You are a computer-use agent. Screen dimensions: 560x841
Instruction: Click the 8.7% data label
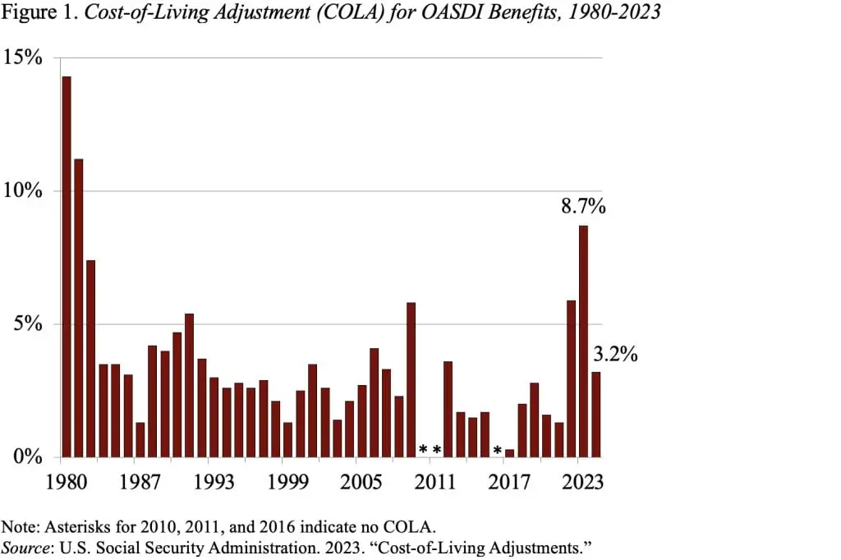pyautogui.click(x=583, y=207)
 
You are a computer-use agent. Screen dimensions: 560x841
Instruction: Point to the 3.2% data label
pyautogui.click(x=615, y=356)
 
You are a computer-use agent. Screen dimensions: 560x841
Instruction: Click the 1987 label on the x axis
pyautogui.click(x=140, y=481)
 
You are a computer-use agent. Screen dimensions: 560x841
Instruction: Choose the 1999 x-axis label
pyautogui.click(x=283, y=481)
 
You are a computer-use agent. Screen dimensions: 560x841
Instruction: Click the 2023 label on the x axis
pyautogui.click(x=583, y=481)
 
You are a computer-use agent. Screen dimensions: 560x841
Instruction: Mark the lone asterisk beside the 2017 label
pyautogui.click(x=497, y=451)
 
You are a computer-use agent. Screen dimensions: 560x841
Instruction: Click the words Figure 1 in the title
pyautogui.click(x=33, y=13)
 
